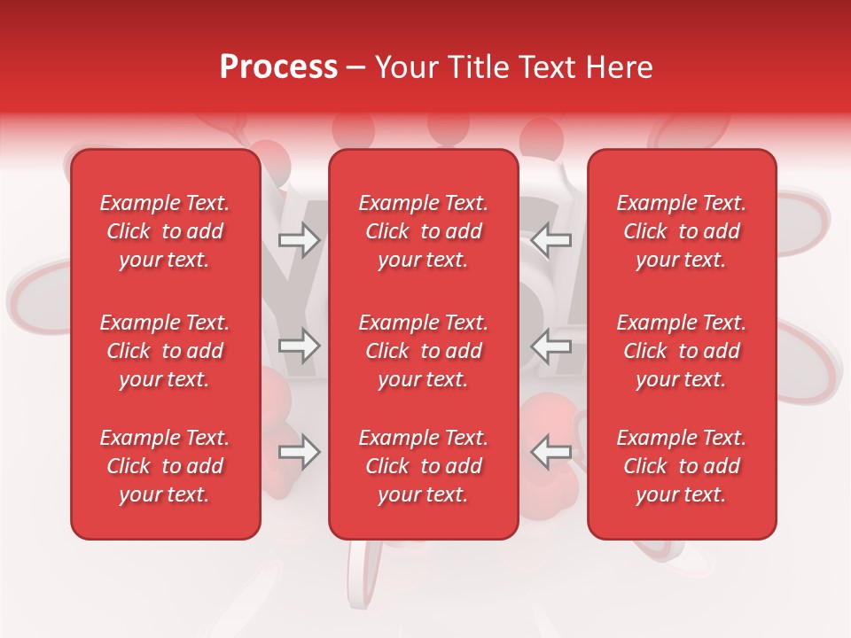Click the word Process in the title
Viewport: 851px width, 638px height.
tap(278, 67)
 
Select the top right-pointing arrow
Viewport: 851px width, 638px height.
tap(300, 239)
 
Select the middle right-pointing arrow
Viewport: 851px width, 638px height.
tap(300, 346)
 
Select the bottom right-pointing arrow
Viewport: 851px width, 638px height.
tap(300, 452)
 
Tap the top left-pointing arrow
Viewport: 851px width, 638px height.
tap(551, 239)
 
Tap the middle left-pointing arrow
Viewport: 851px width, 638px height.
tap(551, 346)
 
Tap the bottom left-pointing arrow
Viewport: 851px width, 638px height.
tap(551, 452)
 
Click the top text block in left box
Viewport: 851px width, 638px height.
tap(165, 231)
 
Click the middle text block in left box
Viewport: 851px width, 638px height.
tap(165, 351)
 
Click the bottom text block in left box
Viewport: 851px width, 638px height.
tap(165, 466)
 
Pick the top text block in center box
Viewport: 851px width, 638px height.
tap(424, 231)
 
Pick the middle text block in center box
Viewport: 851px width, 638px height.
tap(424, 351)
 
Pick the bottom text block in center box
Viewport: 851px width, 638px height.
tap(424, 466)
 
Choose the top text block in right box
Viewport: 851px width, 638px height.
tap(682, 231)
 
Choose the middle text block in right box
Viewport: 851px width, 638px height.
tap(682, 351)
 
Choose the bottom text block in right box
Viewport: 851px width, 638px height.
tap(682, 466)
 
